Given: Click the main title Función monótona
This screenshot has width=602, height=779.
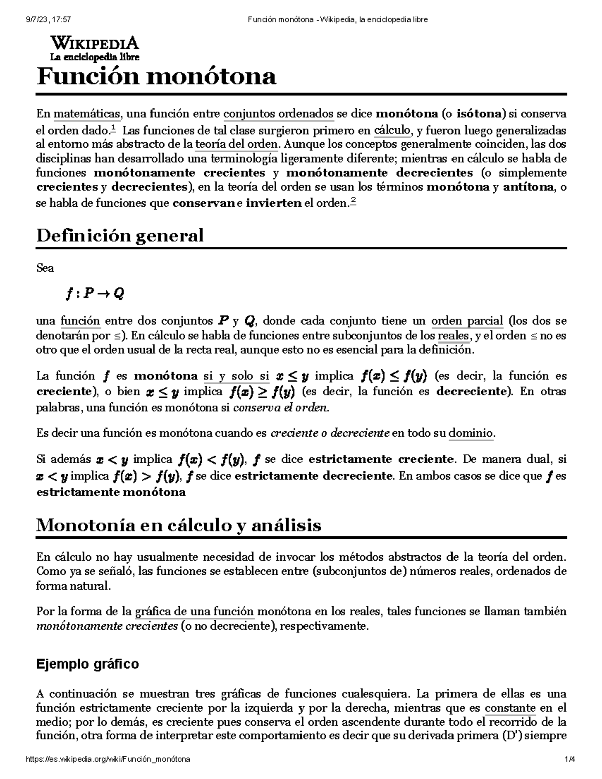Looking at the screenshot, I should click(x=156, y=77).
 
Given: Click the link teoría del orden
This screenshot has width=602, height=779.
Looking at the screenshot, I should click(x=236, y=144).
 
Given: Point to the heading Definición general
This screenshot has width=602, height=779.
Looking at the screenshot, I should click(x=120, y=235).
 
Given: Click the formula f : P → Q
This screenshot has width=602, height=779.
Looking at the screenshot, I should click(x=94, y=293).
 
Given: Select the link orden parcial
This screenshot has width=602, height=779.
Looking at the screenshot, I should click(x=467, y=321).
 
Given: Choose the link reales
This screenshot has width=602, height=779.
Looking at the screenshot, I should click(x=453, y=335).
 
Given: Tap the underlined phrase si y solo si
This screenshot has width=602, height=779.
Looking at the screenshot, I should click(x=237, y=376).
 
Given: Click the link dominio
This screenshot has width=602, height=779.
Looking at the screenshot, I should click(x=471, y=433).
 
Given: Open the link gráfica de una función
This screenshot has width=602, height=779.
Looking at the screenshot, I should click(x=195, y=611).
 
